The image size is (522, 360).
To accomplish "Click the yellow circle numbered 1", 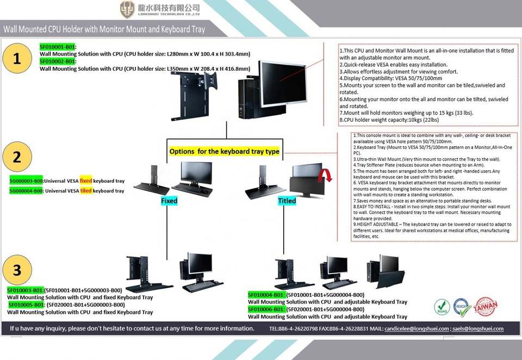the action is (x=17, y=59).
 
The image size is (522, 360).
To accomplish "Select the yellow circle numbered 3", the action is (x=17, y=270).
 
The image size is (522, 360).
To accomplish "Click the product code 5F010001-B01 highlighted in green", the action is (x=58, y=47).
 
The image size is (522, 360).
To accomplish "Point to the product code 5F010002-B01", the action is (x=58, y=62).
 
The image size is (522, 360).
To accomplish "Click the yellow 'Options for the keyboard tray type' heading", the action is (x=224, y=151).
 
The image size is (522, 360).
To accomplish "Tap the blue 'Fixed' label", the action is (x=169, y=201).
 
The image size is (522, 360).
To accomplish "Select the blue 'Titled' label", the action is (x=287, y=201).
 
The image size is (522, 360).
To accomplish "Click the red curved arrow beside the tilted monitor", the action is (x=325, y=175).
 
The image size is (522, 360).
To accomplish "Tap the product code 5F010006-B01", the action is (x=266, y=309).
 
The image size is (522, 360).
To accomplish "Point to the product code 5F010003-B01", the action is (x=25, y=290).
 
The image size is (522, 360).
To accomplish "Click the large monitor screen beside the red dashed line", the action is (x=283, y=83).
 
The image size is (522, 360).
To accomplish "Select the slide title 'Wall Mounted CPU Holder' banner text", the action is (x=104, y=29).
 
